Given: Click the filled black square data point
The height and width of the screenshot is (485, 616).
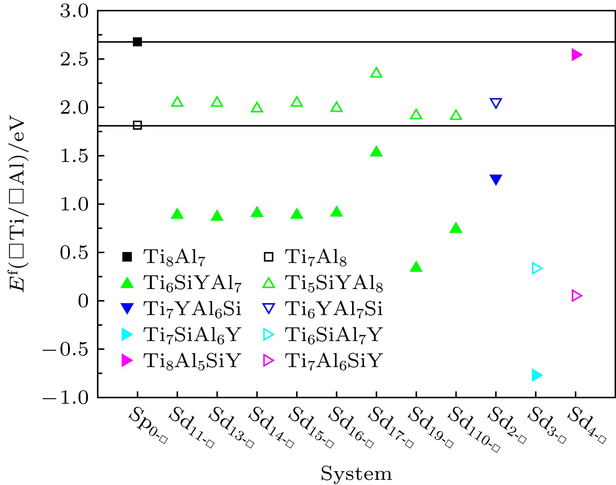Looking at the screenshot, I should [x=138, y=42].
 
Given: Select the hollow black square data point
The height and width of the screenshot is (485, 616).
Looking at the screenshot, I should [x=138, y=125].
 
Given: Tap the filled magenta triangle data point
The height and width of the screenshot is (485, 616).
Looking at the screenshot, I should [x=576, y=54].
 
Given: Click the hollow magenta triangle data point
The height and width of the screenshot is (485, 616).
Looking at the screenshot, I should [x=576, y=296].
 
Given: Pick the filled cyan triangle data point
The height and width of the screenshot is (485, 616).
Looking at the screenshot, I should [x=537, y=375].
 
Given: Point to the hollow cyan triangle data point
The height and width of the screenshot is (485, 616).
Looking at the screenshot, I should [x=537, y=268].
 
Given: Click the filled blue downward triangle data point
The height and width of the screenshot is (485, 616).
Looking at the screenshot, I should [x=496, y=179].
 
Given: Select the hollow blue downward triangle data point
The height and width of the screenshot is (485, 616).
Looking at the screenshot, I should [x=496, y=103].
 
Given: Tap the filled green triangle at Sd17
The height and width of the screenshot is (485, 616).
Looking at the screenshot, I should [x=376, y=152].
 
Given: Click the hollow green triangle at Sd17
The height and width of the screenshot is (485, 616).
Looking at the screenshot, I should [x=376, y=73].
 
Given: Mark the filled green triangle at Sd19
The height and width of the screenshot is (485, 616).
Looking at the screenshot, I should [x=416, y=267].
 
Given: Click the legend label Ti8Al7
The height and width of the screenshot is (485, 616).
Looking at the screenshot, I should [x=174, y=257].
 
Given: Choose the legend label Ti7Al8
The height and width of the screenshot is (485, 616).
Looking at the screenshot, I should [x=316, y=257].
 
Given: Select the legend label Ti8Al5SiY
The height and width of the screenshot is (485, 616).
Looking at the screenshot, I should [x=192, y=361].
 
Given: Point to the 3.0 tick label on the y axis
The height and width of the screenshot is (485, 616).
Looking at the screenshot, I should [x=74, y=11].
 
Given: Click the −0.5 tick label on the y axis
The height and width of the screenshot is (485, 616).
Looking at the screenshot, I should [x=66, y=349].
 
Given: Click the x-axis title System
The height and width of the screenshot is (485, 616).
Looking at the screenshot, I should [x=356, y=474].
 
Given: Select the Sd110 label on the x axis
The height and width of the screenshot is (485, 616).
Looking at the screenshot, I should [x=474, y=430].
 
